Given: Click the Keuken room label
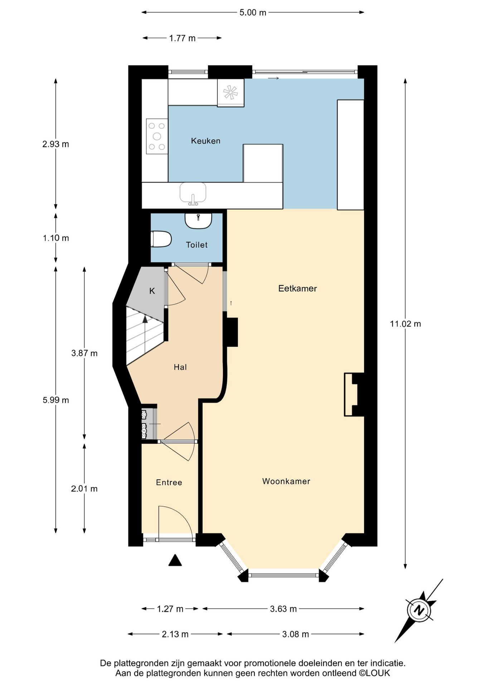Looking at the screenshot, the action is [x=205, y=141].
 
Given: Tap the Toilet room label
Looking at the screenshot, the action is [x=197, y=245].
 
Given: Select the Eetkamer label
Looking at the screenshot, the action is [x=297, y=288].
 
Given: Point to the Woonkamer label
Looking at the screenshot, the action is [x=286, y=481].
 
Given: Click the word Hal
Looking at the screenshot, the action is [x=180, y=367].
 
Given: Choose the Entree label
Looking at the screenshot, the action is [x=169, y=483].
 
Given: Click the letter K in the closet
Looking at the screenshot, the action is [x=152, y=291].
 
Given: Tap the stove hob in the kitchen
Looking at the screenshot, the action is [x=157, y=136].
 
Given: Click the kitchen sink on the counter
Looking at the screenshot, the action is [x=193, y=194].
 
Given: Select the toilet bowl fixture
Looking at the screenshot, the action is [x=161, y=239].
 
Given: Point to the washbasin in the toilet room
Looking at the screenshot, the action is [x=198, y=220].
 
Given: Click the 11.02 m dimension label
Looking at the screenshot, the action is [x=405, y=324].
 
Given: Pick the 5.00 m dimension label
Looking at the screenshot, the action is [x=253, y=13].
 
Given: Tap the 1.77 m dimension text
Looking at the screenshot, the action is [x=182, y=38].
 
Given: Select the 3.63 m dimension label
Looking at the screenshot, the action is [x=283, y=609].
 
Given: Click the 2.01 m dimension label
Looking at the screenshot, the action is [x=84, y=489].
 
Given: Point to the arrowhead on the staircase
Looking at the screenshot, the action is [x=145, y=319].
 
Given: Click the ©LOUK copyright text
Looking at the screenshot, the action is [x=374, y=673].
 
